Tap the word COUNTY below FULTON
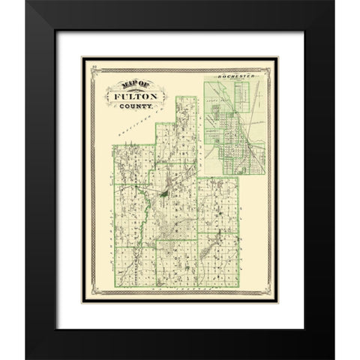137,108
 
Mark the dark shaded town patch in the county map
163,196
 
